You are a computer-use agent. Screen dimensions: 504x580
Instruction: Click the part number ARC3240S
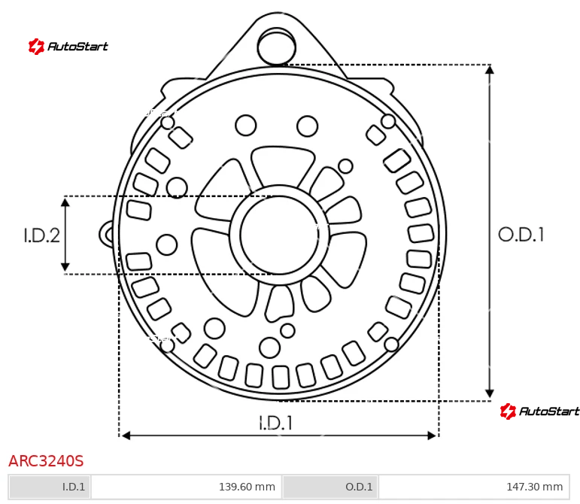pyautogui.click(x=46, y=460)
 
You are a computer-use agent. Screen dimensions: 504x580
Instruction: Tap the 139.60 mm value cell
pyautogui.click(x=186, y=487)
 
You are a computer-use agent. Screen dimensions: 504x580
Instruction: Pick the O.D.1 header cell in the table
pyautogui.click(x=330, y=487)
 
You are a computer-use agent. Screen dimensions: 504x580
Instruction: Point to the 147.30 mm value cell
pyautogui.click(x=473, y=487)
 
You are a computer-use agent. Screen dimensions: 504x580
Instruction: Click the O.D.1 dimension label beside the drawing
pyautogui.click(x=521, y=235)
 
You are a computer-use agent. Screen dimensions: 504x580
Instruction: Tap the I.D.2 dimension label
pyautogui.click(x=41, y=235)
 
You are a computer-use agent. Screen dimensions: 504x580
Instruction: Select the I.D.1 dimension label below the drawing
pyautogui.click(x=275, y=423)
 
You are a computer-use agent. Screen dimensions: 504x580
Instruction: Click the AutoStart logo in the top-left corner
pyautogui.click(x=68, y=47)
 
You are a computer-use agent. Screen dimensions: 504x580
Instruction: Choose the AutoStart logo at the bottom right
pyautogui.click(x=539, y=411)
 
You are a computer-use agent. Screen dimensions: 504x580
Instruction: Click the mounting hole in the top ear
pyautogui.click(x=276, y=47)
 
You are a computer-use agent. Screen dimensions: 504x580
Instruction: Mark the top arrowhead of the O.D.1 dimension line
pyautogui.click(x=490, y=69)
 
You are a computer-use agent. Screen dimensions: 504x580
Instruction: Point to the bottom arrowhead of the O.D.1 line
pyautogui.click(x=490, y=394)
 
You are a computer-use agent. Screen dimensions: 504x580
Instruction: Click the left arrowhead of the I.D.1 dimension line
pyautogui.click(x=126, y=435)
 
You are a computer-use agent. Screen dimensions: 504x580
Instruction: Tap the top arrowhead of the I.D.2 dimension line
pyautogui.click(x=65, y=202)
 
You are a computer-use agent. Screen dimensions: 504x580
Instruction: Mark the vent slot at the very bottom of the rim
pyautogui.click(x=281, y=377)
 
